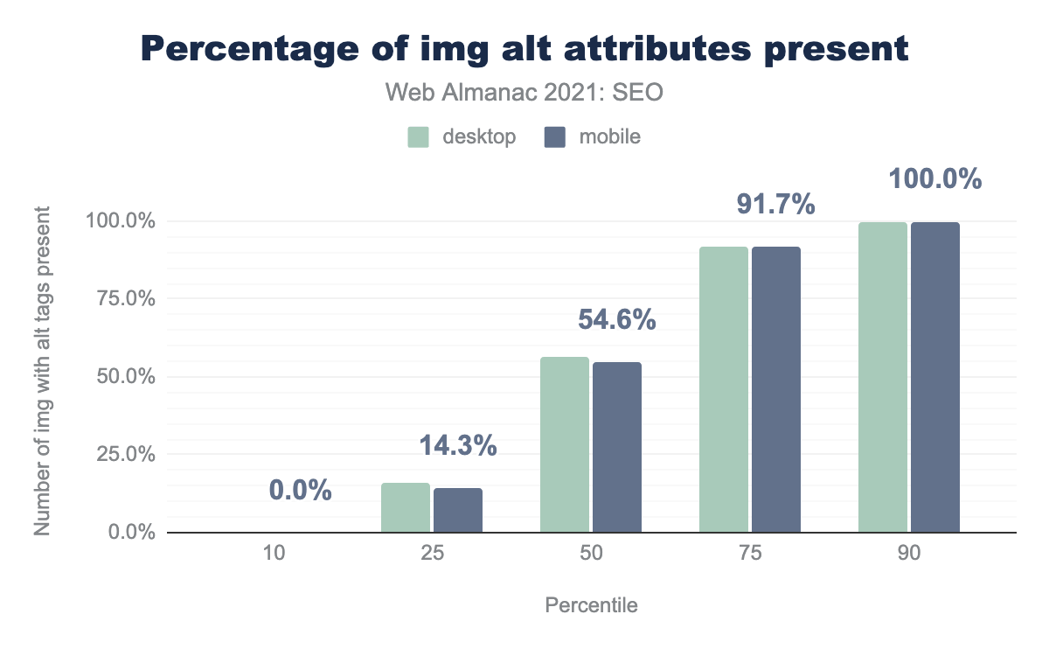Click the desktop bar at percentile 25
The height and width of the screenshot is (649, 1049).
coord(406,507)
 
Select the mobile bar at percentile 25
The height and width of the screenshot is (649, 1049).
coord(458,510)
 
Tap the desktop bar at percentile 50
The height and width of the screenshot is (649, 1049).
coord(565,444)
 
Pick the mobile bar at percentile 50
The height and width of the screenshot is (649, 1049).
coord(617,447)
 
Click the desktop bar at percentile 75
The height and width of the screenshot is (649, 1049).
coord(724,389)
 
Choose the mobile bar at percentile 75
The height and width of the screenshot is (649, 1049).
coord(776,389)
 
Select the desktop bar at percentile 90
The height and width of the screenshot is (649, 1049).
coord(883,377)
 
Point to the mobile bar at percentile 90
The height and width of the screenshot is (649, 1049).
coord(935,377)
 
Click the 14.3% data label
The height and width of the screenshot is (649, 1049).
coord(458,446)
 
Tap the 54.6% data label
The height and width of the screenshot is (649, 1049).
coord(617,320)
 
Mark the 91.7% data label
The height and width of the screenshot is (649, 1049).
coord(776,206)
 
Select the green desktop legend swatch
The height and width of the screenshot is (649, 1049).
coord(418,137)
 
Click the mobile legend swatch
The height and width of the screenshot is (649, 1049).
coord(555,137)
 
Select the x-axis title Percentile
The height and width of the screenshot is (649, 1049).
coord(591,605)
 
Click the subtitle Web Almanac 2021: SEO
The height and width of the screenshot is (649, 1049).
coord(524,93)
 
